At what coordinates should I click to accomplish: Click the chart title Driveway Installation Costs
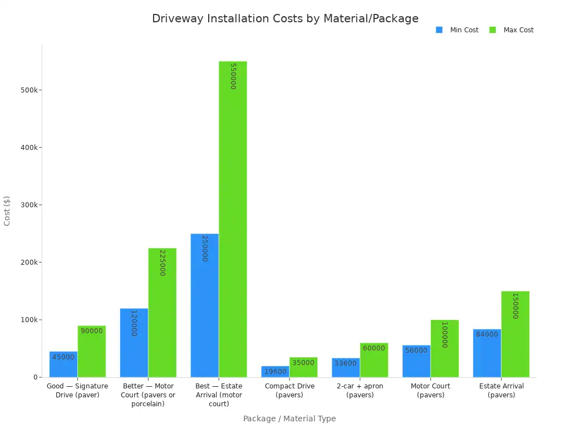pos(285,18)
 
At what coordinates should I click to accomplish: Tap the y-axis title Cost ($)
pos(7,211)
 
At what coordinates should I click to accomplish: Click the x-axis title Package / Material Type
pos(289,419)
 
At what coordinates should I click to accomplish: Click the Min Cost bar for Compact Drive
pos(275,372)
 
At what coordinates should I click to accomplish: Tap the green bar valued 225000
pos(162,313)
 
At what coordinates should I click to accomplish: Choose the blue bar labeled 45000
pos(63,364)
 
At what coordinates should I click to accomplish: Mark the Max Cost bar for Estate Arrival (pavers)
pos(515,334)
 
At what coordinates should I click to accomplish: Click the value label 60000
pos(374,348)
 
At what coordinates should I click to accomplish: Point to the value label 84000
pos(487,334)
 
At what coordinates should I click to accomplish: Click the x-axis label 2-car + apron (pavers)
pos(360,391)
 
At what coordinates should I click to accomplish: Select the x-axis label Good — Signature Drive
pos(77,391)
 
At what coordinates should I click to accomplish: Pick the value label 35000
pos(303,363)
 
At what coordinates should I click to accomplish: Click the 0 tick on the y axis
pos(35,377)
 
